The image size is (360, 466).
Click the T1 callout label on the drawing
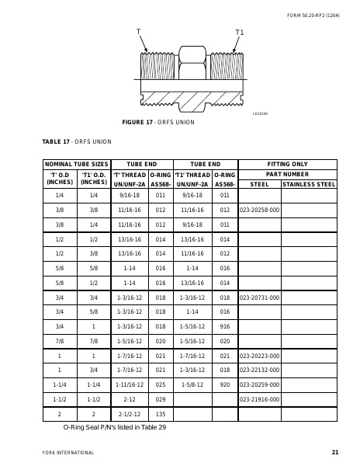click(x=239, y=33)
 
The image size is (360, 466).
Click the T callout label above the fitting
click(x=138, y=32)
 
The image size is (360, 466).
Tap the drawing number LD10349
click(x=260, y=114)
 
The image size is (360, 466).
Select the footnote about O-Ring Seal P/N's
click(x=115, y=427)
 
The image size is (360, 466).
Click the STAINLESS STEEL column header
click(x=309, y=185)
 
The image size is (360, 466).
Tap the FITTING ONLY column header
click(x=287, y=165)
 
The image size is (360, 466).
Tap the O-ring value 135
click(x=161, y=414)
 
